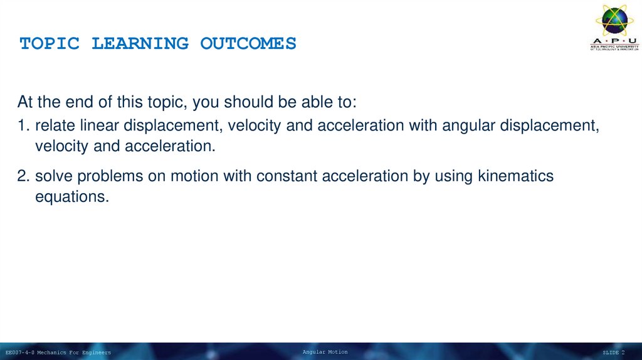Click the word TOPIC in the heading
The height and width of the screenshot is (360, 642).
50,44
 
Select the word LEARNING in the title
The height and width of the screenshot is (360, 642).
140,44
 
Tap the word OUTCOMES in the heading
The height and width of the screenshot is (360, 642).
248,44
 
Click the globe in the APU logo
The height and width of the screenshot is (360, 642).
614,20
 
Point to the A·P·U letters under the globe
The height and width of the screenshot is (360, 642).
614,41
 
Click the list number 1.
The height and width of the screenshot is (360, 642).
23,126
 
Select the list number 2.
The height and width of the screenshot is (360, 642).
23,177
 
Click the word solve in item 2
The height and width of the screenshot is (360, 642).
51,177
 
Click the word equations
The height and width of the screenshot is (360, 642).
71,197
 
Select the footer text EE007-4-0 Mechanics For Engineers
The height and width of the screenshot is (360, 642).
58,353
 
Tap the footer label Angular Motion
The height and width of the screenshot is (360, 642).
325,352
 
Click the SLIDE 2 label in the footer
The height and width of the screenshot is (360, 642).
613,353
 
